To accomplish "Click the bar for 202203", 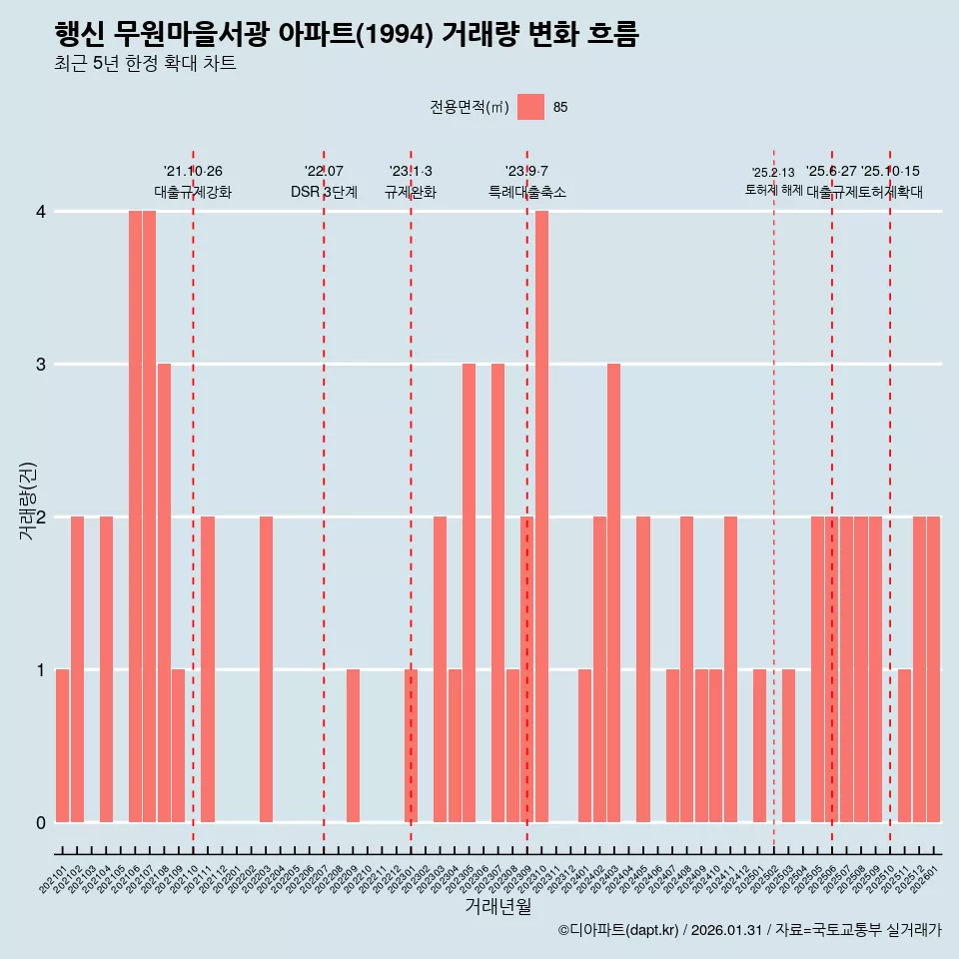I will tap(266, 669).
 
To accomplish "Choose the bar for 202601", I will tap(933, 669).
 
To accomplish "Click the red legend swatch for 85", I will tap(530, 107).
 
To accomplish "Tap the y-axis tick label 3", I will tap(41, 364).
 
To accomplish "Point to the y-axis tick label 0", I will tap(41, 822).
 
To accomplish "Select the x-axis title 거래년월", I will tap(497, 907).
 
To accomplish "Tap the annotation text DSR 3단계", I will tap(324, 192).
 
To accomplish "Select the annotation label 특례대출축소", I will tap(526, 192).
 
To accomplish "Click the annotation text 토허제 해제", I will tap(773, 189).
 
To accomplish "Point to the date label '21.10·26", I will tap(193, 171).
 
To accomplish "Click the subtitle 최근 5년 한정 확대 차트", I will tap(145, 65).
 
